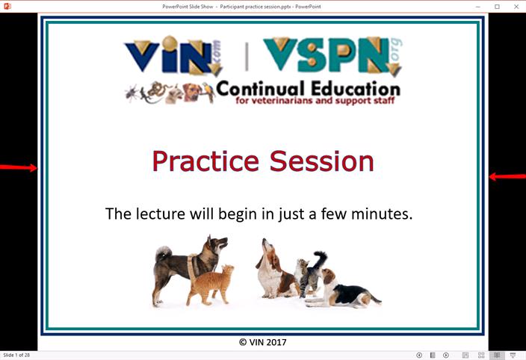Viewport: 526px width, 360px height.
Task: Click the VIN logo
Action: coord(173,55)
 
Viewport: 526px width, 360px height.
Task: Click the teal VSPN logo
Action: coord(332,55)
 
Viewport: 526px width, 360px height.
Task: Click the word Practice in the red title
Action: coord(205,161)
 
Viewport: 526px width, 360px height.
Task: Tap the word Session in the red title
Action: coord(322,161)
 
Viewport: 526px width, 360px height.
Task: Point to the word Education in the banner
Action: coord(356,89)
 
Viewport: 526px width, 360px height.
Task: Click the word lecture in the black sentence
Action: coord(161,214)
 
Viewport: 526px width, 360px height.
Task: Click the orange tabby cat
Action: coord(211,285)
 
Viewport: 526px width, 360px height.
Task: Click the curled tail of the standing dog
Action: coord(164,252)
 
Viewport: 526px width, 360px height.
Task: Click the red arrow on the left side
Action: coord(19,167)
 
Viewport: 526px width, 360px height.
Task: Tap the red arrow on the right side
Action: coord(507,176)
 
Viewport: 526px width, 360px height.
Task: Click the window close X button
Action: coord(516,7)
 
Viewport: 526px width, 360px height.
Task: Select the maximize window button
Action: coord(497,7)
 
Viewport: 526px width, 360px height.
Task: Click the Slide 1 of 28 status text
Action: coord(16,355)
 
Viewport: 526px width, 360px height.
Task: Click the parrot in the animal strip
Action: coord(208,92)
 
